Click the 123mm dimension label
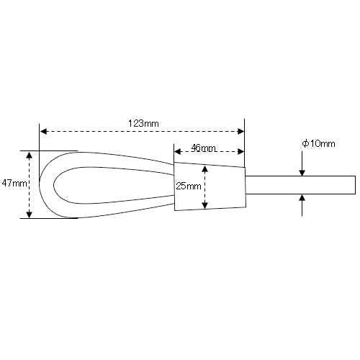click(143, 124)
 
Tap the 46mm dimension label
click(203, 148)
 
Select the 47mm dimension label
click(14, 184)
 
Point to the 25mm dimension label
click(189, 186)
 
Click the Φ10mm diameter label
click(318, 144)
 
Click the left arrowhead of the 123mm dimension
click(43, 131)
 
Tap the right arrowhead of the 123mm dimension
click(240, 131)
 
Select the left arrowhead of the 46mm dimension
click(178, 151)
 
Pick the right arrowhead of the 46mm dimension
click(240, 151)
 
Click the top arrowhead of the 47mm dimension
click(29, 156)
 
